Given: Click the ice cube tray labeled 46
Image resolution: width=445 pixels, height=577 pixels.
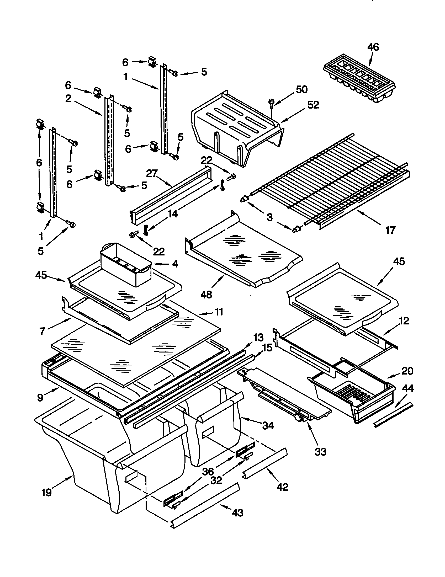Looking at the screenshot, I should click(359, 79).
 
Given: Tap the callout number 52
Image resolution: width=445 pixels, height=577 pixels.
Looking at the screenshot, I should click(313, 105).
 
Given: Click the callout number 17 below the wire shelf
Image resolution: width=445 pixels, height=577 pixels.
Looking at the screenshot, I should click(390, 230).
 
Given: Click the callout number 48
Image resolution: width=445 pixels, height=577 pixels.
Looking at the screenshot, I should click(206, 294).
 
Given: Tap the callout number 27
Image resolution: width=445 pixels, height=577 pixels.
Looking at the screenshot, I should click(152, 174).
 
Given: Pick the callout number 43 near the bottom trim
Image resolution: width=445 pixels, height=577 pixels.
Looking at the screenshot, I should click(237, 513).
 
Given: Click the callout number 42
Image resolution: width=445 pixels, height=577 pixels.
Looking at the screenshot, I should click(282, 487).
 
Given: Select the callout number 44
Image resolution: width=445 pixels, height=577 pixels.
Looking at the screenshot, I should click(408, 388).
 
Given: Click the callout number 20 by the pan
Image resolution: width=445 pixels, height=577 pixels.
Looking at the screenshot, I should click(407, 371).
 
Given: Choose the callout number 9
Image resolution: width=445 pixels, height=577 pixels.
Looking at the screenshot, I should click(40, 397).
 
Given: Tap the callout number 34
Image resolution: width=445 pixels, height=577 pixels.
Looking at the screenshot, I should click(268, 425).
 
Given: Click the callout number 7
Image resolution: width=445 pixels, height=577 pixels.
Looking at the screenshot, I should click(42, 331).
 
